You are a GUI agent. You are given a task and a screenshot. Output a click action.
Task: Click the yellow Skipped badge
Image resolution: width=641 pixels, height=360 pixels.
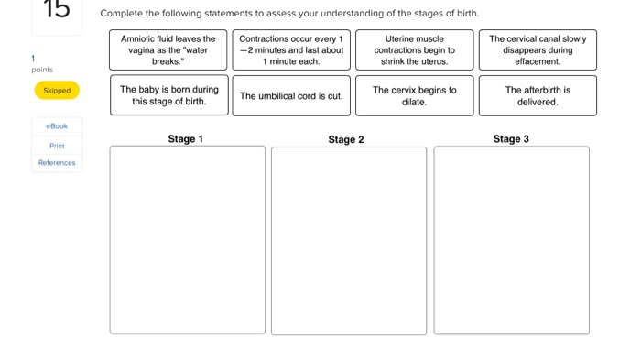(57, 91)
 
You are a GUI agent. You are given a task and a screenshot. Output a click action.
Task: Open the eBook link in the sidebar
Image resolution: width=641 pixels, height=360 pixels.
(57, 126)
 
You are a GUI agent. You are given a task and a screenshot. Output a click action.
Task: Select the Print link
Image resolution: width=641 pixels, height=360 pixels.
(57, 145)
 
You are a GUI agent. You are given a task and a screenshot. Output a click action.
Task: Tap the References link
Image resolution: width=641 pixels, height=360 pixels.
(57, 162)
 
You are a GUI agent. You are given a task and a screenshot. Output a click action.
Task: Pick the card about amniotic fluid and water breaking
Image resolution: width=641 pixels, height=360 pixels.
(168, 50)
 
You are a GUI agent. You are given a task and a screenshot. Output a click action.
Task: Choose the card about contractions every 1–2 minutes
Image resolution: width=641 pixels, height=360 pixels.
(291, 50)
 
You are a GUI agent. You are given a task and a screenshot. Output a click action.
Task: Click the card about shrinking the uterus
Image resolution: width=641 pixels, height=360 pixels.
(414, 50)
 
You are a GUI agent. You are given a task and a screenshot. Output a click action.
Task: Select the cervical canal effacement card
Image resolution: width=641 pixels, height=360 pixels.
(538, 50)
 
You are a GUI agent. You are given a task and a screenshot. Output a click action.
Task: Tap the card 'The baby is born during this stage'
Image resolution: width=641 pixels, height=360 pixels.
(168, 95)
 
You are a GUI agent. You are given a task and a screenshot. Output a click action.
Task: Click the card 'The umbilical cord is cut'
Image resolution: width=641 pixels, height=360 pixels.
(291, 95)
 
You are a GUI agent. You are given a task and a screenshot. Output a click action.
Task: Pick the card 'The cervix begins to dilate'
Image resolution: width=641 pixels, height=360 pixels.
(414, 95)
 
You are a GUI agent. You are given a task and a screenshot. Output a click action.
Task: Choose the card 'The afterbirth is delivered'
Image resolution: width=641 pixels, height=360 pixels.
(538, 95)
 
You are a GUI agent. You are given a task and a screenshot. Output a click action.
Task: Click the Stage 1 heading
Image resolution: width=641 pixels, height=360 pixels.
(186, 139)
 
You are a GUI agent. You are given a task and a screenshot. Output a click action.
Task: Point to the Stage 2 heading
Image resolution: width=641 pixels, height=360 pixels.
(346, 139)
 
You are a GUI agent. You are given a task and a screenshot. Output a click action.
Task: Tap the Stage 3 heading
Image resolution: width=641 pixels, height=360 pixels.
(511, 139)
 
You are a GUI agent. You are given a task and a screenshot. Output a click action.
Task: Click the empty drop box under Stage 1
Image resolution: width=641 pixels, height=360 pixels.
(188, 240)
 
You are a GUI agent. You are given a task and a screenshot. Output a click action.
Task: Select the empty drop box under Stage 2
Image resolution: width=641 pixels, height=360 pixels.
(349, 240)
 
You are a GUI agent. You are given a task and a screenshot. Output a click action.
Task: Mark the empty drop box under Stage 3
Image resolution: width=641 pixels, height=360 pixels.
(511, 240)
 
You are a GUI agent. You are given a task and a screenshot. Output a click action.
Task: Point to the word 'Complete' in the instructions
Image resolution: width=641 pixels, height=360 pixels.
(121, 14)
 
